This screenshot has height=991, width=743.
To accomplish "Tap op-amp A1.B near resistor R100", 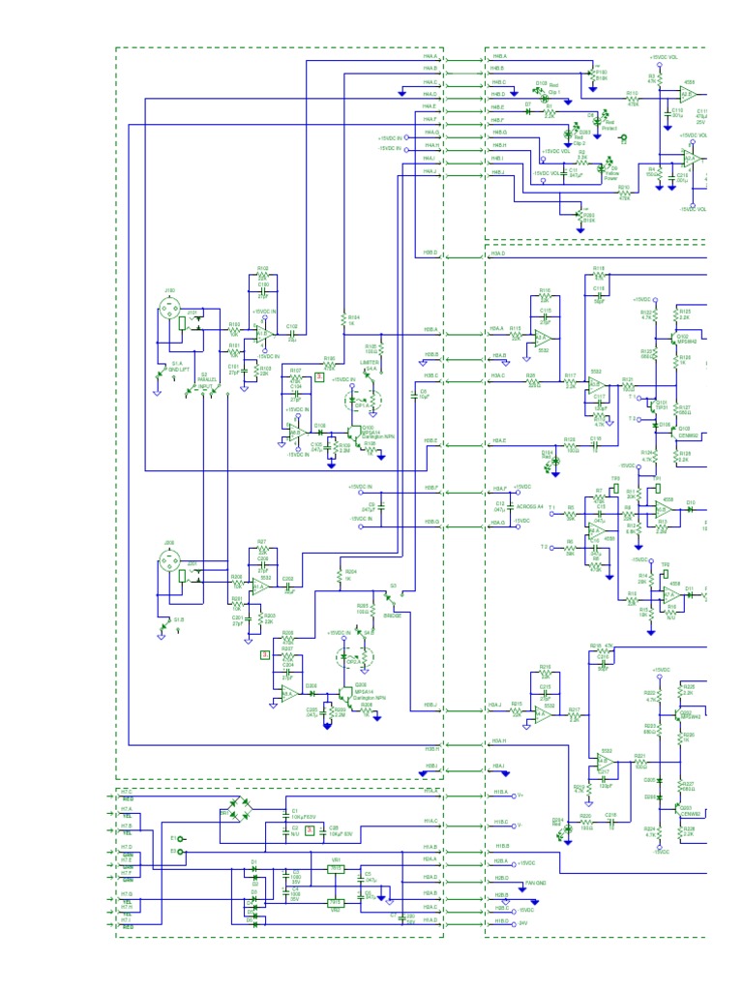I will (260, 334).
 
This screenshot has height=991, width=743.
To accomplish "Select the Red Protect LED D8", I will (591, 117).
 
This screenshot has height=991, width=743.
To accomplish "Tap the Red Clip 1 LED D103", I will (543, 88).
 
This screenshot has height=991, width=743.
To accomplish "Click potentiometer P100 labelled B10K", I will (593, 72).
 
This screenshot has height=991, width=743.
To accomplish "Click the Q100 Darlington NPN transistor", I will (355, 431).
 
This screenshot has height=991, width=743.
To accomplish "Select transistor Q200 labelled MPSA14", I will (344, 693).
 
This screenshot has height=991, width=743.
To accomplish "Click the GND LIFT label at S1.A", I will (178, 369).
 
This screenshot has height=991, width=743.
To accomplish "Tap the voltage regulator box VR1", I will (336, 869).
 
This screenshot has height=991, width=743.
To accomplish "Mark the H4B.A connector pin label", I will (498, 56).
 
